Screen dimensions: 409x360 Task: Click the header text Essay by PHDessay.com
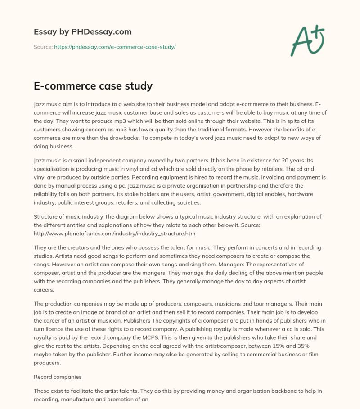click(83, 32)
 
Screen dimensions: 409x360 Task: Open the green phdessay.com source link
click(115, 47)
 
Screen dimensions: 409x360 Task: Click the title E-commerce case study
click(93, 85)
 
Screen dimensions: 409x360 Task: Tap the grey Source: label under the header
click(43, 47)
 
